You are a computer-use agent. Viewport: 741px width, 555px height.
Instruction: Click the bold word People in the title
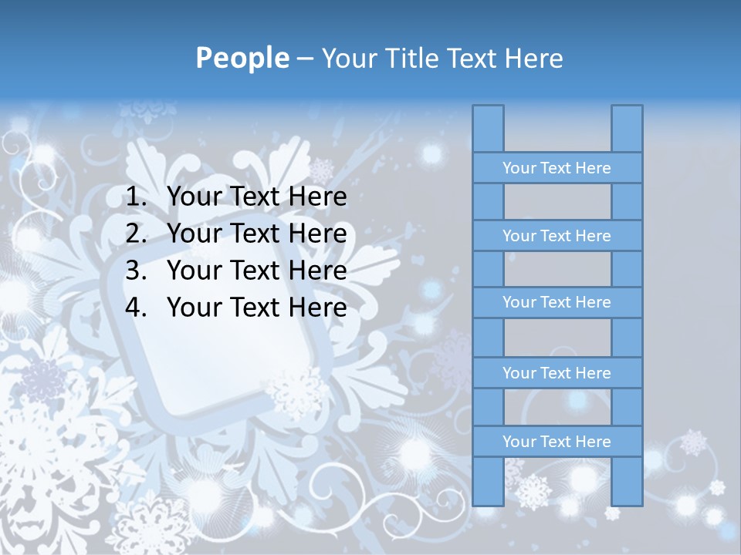pyautogui.click(x=242, y=58)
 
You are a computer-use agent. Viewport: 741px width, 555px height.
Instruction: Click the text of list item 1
pyautogui.click(x=256, y=197)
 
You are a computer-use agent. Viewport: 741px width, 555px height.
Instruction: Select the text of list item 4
pyautogui.click(x=256, y=308)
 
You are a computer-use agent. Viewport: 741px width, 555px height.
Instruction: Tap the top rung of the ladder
pyautogui.click(x=557, y=168)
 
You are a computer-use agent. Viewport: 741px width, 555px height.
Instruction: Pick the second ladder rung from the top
pyautogui.click(x=557, y=236)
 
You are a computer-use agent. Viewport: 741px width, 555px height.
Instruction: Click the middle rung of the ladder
pyautogui.click(x=557, y=303)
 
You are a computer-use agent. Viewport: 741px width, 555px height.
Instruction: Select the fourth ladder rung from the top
pyautogui.click(x=557, y=373)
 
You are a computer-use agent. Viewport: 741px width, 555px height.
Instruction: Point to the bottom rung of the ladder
pyautogui.click(x=557, y=442)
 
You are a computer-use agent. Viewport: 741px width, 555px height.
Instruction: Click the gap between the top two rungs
pyautogui.click(x=557, y=202)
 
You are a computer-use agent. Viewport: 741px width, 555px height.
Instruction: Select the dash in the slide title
pyautogui.click(x=304, y=59)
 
